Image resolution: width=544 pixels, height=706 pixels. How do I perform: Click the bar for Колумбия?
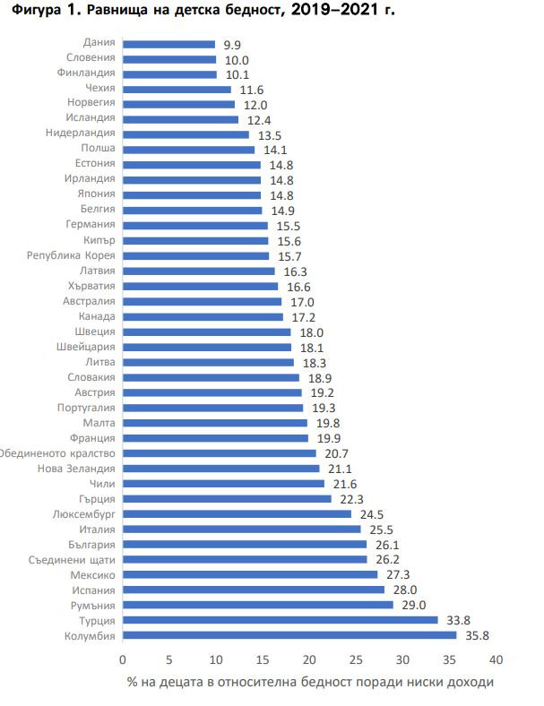(x=289, y=635)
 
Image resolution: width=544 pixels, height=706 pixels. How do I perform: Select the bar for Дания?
(x=168, y=43)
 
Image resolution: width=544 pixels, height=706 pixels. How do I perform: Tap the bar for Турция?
(x=281, y=620)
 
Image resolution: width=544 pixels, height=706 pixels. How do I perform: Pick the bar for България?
(x=245, y=544)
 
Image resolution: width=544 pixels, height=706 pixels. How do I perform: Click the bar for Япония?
(x=192, y=195)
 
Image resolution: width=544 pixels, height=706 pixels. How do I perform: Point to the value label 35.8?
(x=477, y=636)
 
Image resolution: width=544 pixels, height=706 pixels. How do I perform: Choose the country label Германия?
(x=91, y=225)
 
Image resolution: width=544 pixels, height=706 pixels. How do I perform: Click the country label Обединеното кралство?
(x=58, y=453)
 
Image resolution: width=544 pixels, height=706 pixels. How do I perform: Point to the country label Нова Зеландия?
(x=77, y=469)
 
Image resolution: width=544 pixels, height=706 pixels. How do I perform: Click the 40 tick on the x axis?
(x=497, y=660)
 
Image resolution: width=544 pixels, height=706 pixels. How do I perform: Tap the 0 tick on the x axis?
(x=123, y=660)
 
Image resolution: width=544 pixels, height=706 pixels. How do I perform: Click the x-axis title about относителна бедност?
(x=310, y=683)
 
